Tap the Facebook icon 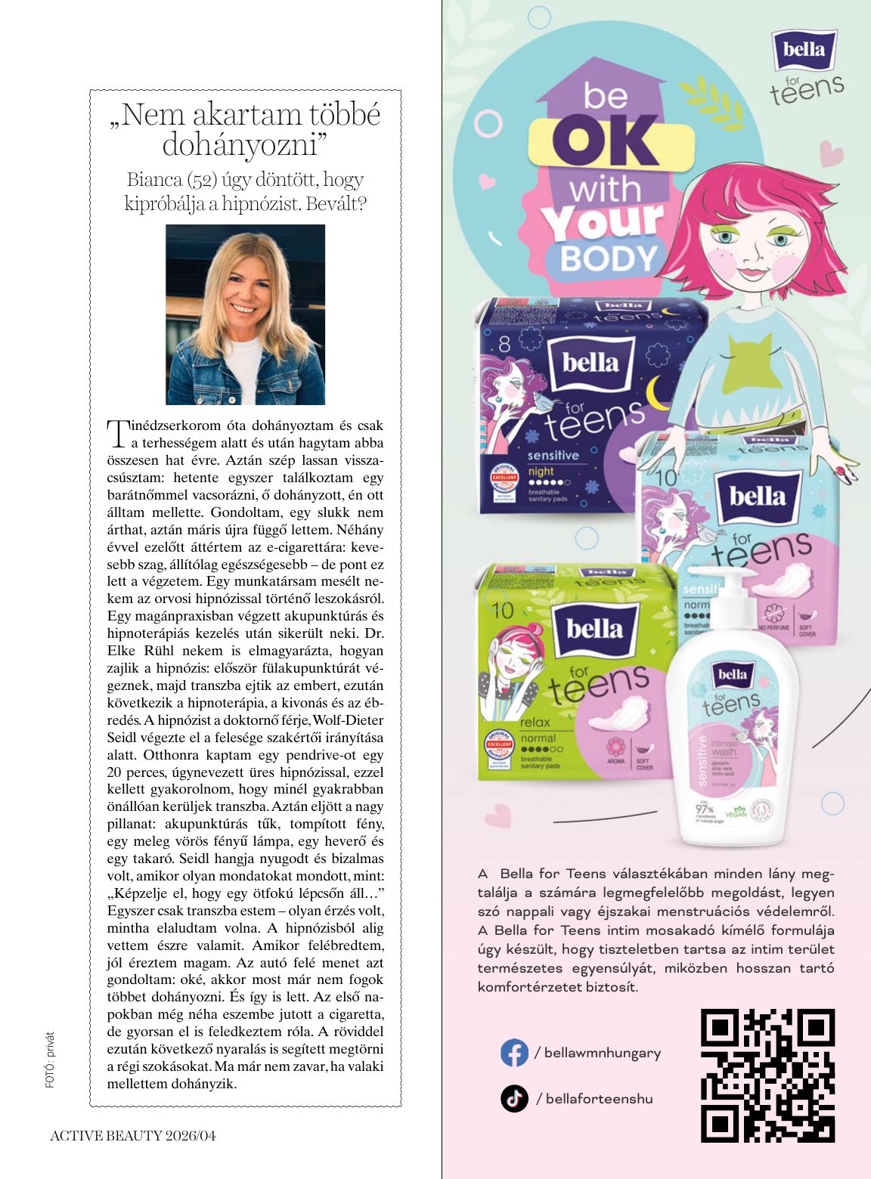(x=514, y=1053)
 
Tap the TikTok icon (x=514, y=1098)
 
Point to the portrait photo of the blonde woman (x=245, y=314)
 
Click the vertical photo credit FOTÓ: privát (x=50, y=1058)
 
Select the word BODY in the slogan (x=609, y=258)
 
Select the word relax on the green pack (x=534, y=724)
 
